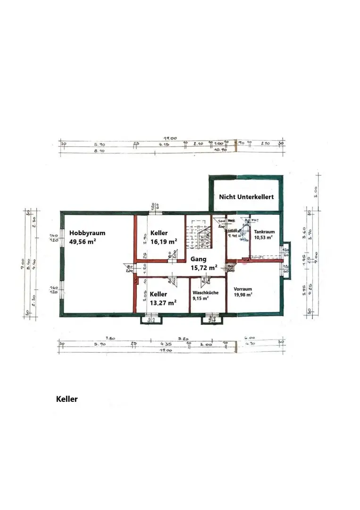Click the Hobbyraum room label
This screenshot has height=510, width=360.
click(x=87, y=233)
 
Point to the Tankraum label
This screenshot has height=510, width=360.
click(x=264, y=232)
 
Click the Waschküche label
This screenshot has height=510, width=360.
click(x=205, y=292)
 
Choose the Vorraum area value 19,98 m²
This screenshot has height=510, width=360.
click(x=243, y=294)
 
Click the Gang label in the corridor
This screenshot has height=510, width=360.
click(x=198, y=259)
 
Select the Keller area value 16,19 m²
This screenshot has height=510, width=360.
click(x=164, y=241)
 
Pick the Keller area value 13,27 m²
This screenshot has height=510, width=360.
click(x=163, y=303)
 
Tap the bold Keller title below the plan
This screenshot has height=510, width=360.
click(x=67, y=399)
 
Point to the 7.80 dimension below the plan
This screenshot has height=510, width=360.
click(x=110, y=338)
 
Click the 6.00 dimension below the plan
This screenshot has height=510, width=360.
click(x=249, y=338)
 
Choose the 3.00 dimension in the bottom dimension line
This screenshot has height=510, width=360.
click(x=206, y=345)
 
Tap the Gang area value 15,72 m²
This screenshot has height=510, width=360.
click(x=204, y=268)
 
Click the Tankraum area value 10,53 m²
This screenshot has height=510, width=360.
click(x=263, y=238)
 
